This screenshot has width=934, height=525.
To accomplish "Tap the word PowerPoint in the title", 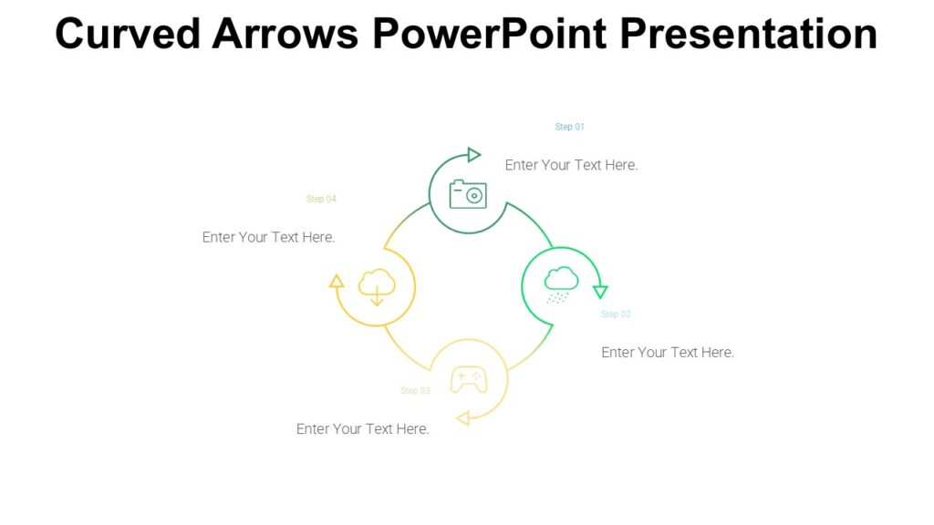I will click(490, 34).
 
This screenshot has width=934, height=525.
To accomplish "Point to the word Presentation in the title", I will click(749, 34).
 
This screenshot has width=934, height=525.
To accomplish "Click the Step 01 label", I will click(569, 127).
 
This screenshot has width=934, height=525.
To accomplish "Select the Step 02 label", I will click(616, 314).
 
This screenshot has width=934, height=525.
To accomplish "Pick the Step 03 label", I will click(415, 391).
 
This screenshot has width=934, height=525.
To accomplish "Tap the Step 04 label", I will click(321, 199).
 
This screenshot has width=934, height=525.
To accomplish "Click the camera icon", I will click(468, 194).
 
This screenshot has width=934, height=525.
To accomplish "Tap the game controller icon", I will click(469, 378).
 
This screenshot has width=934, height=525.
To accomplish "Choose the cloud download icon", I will click(377, 286).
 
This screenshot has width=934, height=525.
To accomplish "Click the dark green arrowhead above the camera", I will click(473, 155).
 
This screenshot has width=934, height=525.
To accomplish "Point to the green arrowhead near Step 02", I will click(600, 292).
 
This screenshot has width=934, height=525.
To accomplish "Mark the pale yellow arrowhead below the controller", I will click(462, 418).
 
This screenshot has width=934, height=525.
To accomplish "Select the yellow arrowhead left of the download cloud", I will click(337, 281).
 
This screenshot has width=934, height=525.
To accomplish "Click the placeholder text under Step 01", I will click(571, 165).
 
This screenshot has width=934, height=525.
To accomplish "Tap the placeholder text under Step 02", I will click(668, 353).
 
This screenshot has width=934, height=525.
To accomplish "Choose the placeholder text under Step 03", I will click(362, 429).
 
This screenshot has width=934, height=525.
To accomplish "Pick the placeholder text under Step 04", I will click(268, 237).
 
